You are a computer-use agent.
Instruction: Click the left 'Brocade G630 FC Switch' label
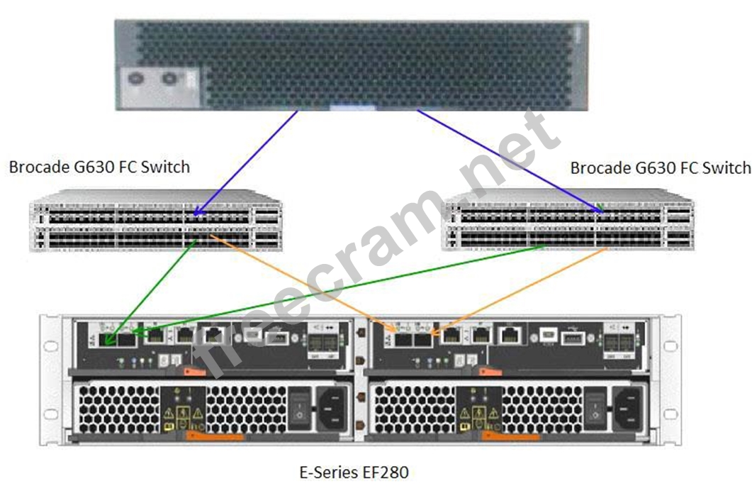(x=99, y=167)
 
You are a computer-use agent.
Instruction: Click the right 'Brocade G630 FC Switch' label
(x=660, y=167)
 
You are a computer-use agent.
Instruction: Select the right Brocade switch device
(x=567, y=219)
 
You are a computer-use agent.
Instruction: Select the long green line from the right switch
(x=340, y=288)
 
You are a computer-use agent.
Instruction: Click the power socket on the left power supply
(x=330, y=408)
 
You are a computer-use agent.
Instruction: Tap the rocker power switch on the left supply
(x=300, y=407)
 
